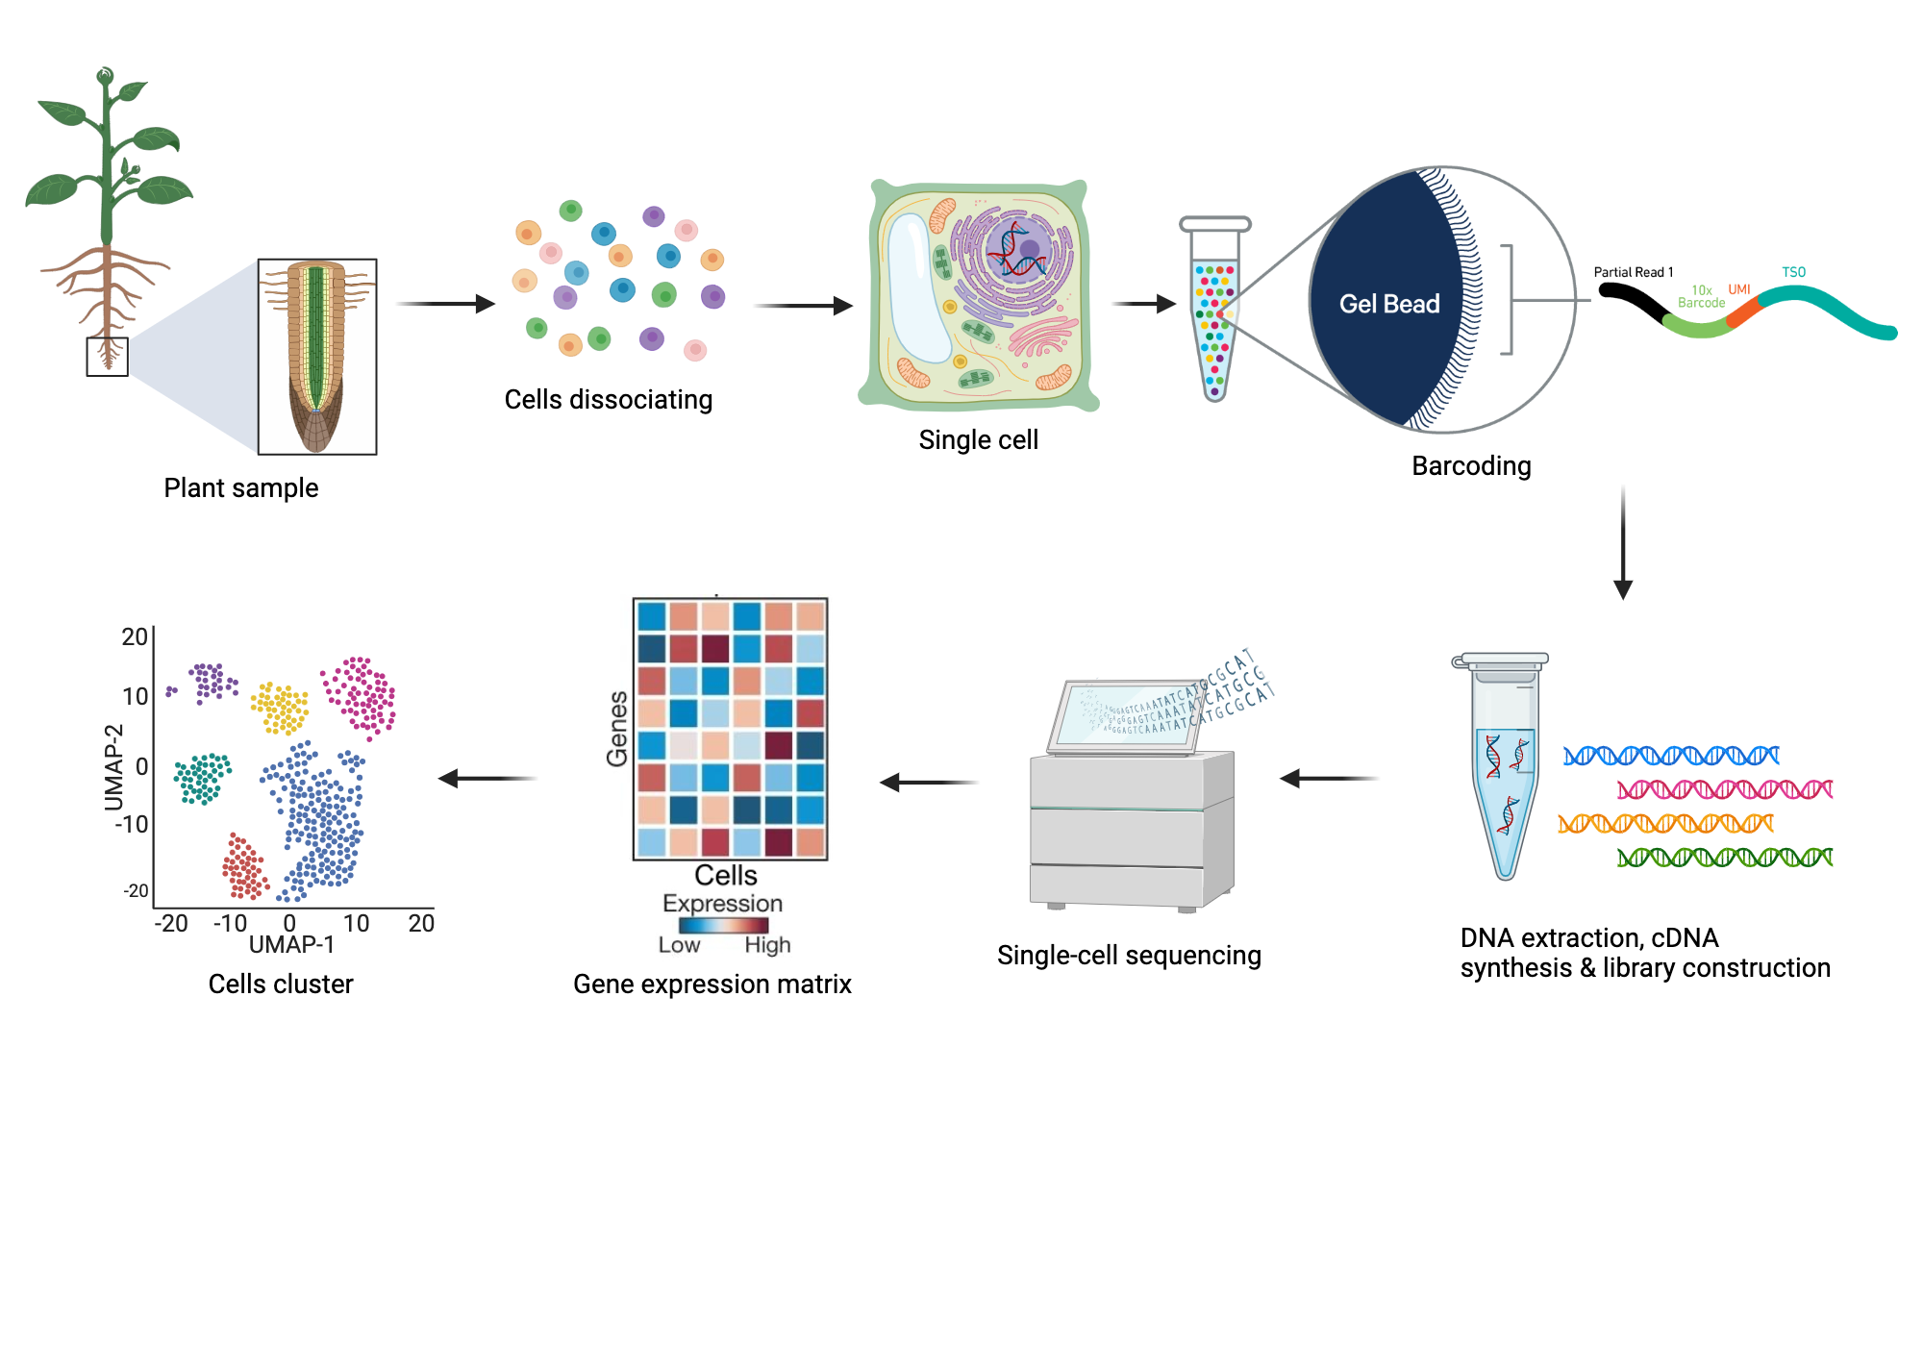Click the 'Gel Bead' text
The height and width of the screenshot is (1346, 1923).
1388,304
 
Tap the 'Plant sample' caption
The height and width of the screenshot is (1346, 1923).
240,487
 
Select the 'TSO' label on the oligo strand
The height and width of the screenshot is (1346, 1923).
1793,272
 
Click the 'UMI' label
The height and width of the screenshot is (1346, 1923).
1738,289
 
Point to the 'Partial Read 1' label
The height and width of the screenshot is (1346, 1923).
1633,272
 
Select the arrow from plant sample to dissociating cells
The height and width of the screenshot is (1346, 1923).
445,304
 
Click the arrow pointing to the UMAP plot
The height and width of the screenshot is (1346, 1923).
487,778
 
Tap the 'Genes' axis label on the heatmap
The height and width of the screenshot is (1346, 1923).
617,729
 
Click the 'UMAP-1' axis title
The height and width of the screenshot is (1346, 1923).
291,944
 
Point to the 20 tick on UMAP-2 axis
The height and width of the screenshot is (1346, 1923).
135,636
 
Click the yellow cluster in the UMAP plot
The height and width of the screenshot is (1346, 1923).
280,709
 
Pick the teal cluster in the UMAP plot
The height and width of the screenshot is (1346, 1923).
202,778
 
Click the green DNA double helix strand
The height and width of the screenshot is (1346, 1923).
1724,857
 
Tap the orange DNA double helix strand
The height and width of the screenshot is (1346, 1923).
1665,823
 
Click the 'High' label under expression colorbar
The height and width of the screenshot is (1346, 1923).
767,945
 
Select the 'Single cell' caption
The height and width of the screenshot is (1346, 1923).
978,439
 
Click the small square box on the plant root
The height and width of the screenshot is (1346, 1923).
107,357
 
